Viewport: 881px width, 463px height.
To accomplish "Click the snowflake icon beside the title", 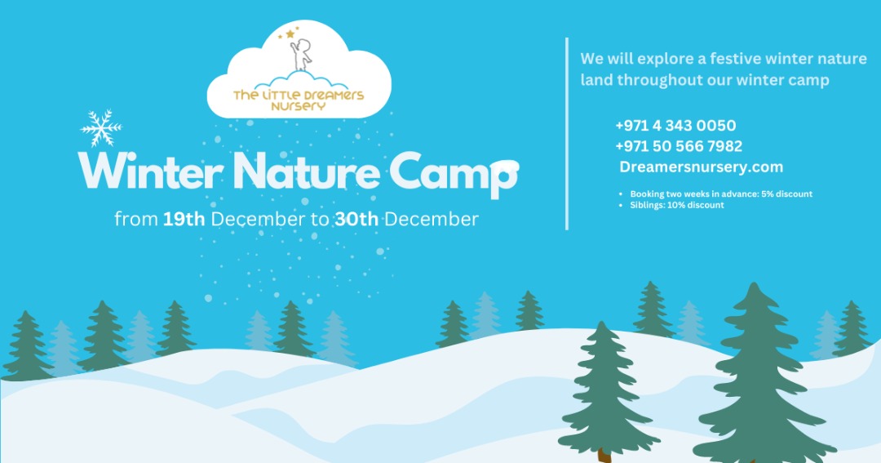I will [x=101, y=127].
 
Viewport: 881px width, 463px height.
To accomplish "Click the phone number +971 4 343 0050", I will [x=675, y=126].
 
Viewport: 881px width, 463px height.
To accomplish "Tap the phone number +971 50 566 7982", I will [x=679, y=146].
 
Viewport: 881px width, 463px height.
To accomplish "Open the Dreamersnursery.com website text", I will [x=702, y=167].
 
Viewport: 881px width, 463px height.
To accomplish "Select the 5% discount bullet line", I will [x=721, y=194].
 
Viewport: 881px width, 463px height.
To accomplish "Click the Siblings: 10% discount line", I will [x=677, y=205].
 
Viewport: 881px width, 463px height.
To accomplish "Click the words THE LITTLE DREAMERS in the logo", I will [x=299, y=95].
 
